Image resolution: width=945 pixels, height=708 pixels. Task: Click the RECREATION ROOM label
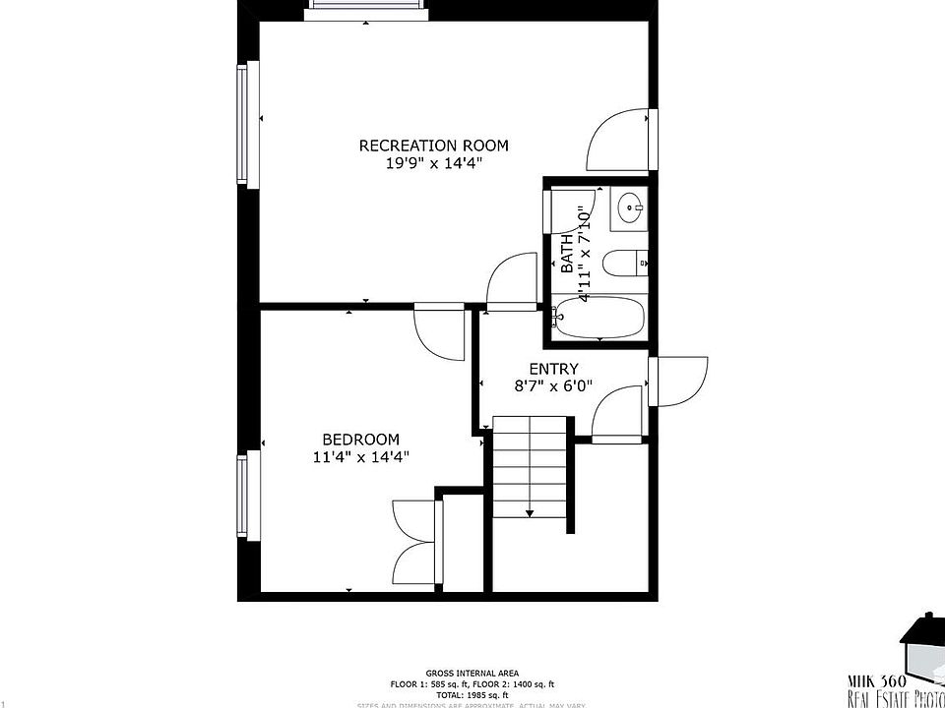point(433,146)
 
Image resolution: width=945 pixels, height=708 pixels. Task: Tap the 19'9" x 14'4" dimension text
point(433,163)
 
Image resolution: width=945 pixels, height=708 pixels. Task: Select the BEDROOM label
point(361,439)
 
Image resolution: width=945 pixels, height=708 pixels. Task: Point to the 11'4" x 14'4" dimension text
point(361,456)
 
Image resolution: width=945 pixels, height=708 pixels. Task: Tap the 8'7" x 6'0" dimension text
point(553,386)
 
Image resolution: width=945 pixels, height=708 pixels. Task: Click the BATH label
point(567,254)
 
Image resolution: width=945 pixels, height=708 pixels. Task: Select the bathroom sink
point(629,207)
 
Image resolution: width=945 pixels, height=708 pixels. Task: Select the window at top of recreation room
point(367,9)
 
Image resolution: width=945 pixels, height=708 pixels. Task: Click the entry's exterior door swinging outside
point(679,380)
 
